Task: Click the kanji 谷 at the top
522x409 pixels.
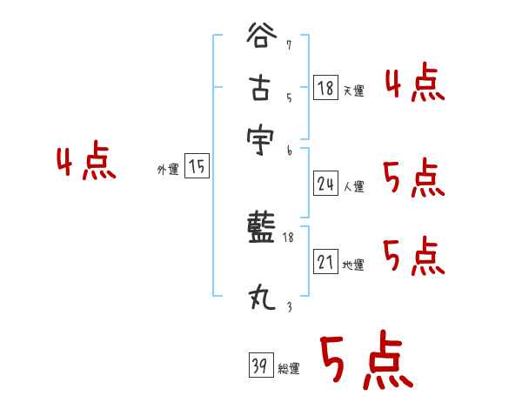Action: tap(261, 39)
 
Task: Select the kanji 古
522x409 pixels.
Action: tap(261, 89)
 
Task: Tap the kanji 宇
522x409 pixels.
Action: tap(261, 139)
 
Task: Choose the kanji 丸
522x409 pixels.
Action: tap(261, 298)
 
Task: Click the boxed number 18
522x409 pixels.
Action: tap(325, 88)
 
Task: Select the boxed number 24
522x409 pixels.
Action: tap(325, 184)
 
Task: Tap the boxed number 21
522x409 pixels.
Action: tap(325, 262)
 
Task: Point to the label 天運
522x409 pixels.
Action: tap(353, 91)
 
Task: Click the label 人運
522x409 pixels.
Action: tap(353, 186)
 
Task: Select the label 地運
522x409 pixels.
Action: tap(353, 265)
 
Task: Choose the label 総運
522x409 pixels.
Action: tap(289, 369)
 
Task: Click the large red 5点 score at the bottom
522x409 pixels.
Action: tap(365, 362)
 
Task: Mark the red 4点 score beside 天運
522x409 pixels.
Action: tap(415, 84)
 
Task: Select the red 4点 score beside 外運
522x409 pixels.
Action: tap(85, 163)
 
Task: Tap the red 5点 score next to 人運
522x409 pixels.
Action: tap(413, 179)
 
